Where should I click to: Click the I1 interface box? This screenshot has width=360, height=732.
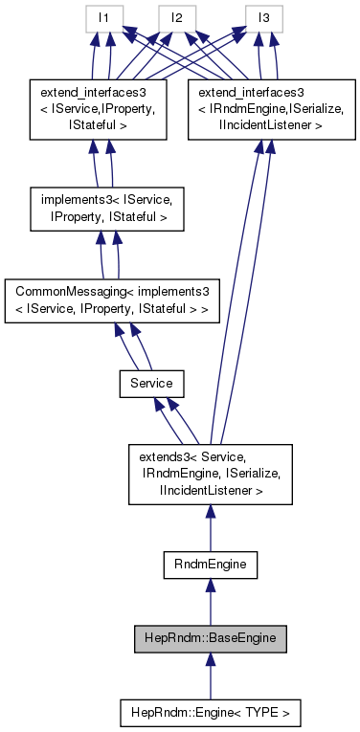(x=102, y=17)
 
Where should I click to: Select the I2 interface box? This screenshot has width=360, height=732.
(x=177, y=17)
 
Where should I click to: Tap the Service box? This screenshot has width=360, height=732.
(x=151, y=382)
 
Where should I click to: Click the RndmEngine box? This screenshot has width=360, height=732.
(x=210, y=566)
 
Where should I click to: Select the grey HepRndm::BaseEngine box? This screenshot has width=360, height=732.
(x=210, y=637)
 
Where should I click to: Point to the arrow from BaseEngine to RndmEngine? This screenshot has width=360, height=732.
(x=210, y=602)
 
